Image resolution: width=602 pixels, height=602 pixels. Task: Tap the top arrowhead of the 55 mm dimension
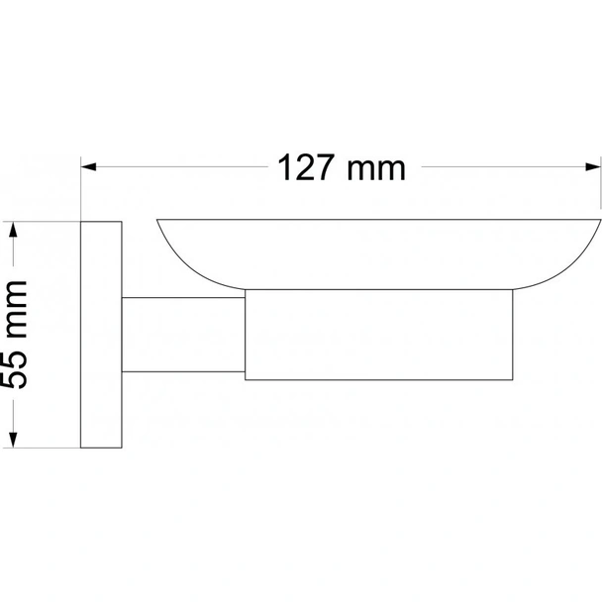14,229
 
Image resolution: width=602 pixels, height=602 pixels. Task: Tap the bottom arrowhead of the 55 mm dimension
14,444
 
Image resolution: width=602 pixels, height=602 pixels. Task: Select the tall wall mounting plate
100,337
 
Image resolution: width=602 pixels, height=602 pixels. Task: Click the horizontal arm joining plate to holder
182,336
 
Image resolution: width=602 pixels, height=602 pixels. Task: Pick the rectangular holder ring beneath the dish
379,335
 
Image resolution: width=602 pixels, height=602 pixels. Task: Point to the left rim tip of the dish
158,221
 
